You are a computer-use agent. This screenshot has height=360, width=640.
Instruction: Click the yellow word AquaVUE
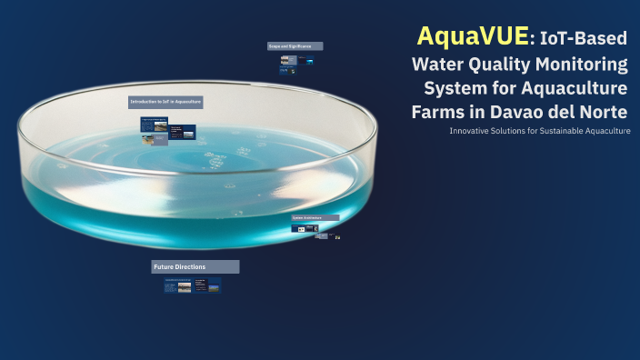coord(472,36)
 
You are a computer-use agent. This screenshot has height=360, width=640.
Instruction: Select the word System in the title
coord(455,88)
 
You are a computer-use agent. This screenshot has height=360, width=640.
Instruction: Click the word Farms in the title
coord(439,112)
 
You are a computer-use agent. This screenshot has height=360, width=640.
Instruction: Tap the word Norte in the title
coord(603,112)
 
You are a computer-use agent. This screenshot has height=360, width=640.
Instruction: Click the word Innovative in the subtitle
coord(471,131)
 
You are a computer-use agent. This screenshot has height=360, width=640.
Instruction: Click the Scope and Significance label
coord(295,45)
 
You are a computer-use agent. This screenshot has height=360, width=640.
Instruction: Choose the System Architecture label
coord(315,218)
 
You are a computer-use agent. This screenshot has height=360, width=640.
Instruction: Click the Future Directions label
coord(195,266)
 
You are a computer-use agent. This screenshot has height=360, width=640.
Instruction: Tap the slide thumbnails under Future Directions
coord(192,285)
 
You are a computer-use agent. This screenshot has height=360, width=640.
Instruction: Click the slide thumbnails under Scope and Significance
coord(297,64)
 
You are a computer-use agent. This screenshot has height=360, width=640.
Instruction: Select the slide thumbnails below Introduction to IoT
coord(168,131)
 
